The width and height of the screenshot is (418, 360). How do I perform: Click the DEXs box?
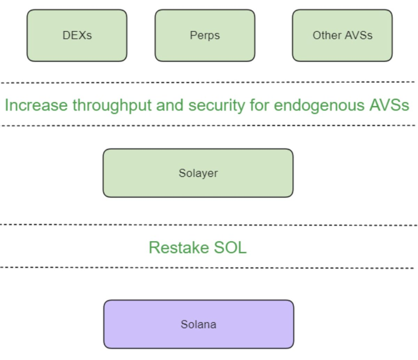point(77,36)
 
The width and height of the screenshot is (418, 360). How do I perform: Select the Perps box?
point(205,36)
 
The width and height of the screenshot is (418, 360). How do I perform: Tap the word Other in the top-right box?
point(327,35)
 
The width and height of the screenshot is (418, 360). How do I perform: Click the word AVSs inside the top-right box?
point(358,35)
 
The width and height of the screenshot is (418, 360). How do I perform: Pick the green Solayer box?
point(198,173)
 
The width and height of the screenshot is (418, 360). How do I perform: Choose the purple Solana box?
point(199,324)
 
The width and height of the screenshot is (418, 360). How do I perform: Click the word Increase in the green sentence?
point(36,105)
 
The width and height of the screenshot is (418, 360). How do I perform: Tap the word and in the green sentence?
point(170,105)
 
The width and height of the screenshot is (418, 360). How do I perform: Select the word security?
point(217,105)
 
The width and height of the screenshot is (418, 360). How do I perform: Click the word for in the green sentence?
point(260,105)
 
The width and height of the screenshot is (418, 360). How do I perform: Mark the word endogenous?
point(319,106)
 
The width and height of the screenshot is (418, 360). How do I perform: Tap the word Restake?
point(179,248)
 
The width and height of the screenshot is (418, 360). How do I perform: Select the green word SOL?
point(230,248)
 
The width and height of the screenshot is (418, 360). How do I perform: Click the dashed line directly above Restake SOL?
point(209,225)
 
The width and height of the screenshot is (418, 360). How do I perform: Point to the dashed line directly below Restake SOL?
point(207,268)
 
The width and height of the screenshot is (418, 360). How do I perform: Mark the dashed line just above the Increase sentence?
point(208,83)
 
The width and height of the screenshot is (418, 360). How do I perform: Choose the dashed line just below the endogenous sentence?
point(208,126)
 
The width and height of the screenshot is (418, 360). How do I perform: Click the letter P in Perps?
point(193,35)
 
